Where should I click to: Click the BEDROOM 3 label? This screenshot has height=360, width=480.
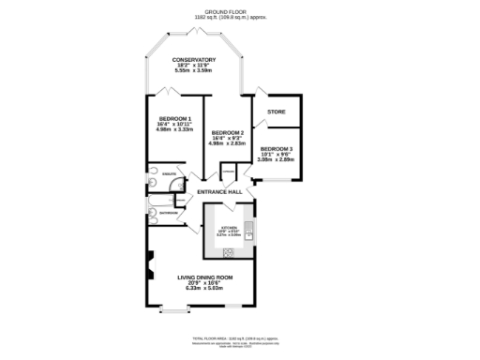click(277, 149)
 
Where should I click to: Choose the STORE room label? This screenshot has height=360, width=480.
click(276, 112)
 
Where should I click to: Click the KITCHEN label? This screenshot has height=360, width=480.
click(229, 227)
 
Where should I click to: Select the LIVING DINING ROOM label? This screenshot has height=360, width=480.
click(204, 277)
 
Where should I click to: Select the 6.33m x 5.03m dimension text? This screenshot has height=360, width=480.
click(204, 289)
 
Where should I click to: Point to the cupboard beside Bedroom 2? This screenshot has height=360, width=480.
click(228, 172)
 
